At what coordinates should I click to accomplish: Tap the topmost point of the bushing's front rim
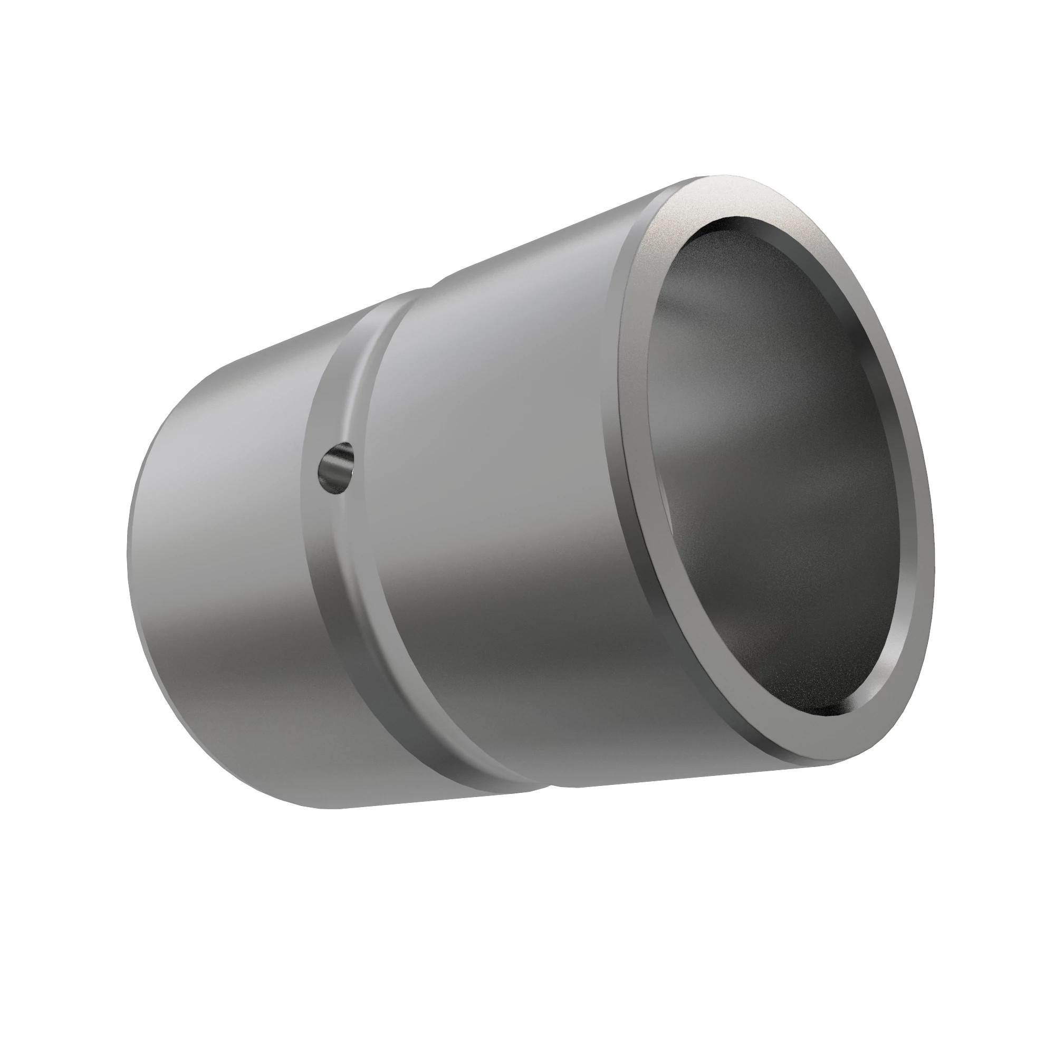coord(715,177)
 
